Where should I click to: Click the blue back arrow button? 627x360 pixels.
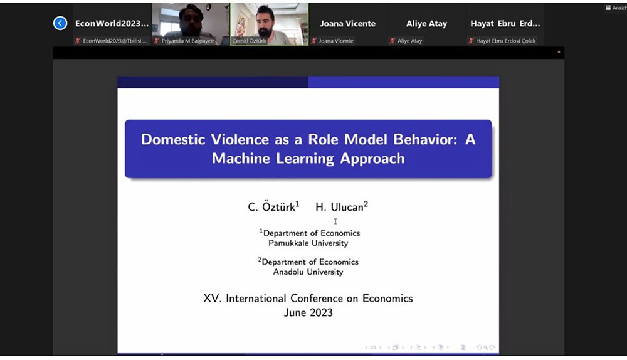(60, 23)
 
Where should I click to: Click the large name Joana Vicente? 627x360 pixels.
(347, 24)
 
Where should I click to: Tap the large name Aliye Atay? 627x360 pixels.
(426, 24)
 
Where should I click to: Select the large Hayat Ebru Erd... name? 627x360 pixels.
(505, 24)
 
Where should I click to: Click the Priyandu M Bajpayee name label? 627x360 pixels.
(187, 41)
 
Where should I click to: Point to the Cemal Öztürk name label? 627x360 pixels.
(249, 41)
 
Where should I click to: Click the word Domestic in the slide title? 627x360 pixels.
(173, 139)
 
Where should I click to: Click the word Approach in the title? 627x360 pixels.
(372, 159)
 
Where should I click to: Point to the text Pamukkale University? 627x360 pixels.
(308, 243)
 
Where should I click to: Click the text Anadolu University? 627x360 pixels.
(308, 272)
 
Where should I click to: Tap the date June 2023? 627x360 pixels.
(308, 312)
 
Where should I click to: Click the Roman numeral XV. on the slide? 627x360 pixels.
(212, 299)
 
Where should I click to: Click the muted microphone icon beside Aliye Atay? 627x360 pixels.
(393, 41)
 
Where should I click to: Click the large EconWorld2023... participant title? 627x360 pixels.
(112, 24)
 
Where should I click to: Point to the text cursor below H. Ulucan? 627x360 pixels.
(335, 221)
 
